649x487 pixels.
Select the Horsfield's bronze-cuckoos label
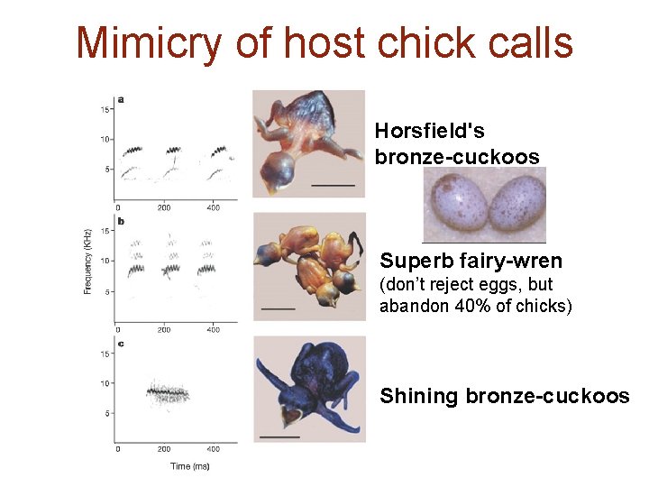[457, 144]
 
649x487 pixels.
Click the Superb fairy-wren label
[471, 262]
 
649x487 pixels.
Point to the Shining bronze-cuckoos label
[505, 395]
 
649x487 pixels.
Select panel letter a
[121, 99]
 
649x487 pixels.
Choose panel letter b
[121, 221]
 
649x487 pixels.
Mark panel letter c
[121, 344]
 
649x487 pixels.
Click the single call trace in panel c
[168, 391]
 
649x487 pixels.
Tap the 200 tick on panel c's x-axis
[164, 448]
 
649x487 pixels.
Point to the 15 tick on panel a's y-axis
[105, 110]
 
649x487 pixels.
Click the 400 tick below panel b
[213, 329]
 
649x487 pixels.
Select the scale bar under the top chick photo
[333, 185]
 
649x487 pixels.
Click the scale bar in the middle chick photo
[279, 308]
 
